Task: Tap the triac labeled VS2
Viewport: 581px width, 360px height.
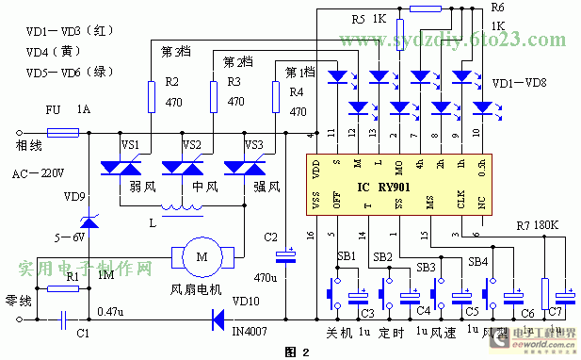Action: click(x=185, y=167)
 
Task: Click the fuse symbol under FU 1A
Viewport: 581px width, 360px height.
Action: click(x=62, y=133)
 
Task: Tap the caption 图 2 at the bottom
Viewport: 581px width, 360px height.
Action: click(x=296, y=351)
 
